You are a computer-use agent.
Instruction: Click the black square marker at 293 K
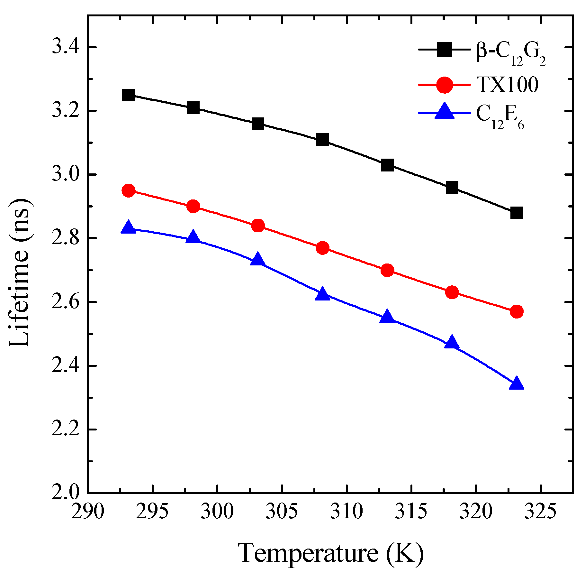[x=129, y=95]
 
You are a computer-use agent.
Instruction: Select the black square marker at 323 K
[x=517, y=213]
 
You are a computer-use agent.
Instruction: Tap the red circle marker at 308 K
[x=322, y=248]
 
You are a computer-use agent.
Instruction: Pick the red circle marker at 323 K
[x=517, y=311]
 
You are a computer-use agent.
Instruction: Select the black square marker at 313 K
[x=387, y=165]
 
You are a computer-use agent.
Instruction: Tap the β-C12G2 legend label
[x=511, y=53]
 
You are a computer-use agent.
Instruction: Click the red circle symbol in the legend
[x=445, y=85]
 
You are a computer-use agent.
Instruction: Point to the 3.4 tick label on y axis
[x=66, y=47]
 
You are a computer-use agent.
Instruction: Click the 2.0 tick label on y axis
[x=66, y=493]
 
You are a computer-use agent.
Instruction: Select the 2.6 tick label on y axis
[x=66, y=302]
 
